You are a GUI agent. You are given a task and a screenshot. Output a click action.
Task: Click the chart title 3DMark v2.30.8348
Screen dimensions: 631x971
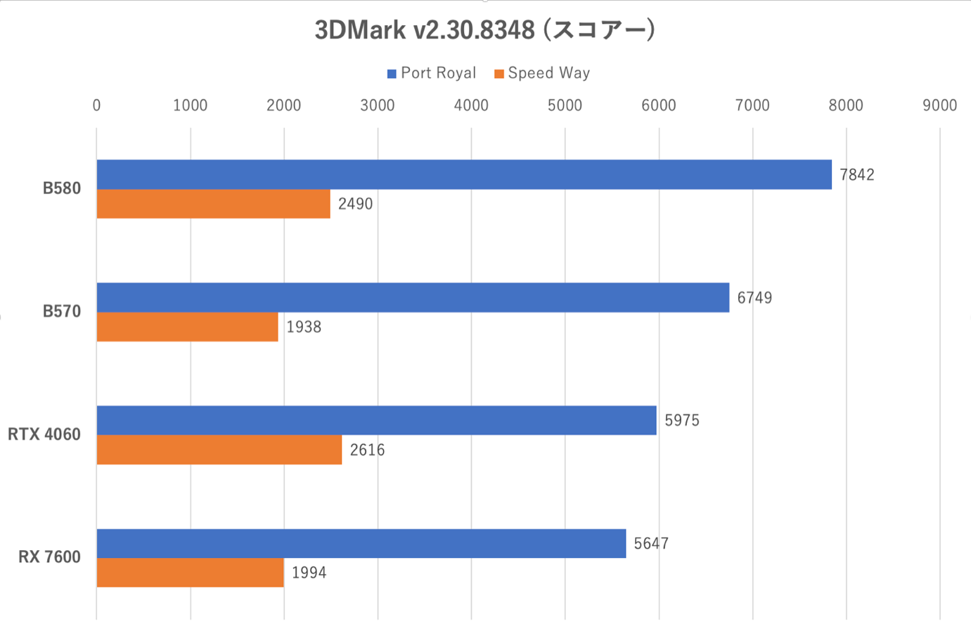point(484,30)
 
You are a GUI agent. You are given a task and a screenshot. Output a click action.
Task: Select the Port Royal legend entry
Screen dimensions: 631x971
point(431,73)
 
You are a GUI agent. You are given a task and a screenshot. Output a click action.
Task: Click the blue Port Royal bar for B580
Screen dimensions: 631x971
point(464,174)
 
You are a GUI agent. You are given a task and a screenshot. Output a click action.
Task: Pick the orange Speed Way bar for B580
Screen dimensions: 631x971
point(213,204)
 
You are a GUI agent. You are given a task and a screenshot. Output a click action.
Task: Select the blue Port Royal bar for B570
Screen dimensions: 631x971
point(413,297)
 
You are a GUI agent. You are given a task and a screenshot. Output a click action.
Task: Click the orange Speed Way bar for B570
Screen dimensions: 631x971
point(187,327)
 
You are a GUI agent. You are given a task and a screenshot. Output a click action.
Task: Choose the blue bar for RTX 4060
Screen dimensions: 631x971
point(376,420)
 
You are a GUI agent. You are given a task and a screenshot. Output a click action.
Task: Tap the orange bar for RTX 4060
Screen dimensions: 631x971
point(219,450)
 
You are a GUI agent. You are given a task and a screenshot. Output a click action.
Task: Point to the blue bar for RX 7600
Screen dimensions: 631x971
point(361,543)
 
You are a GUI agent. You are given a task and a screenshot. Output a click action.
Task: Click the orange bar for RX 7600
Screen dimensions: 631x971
point(190,573)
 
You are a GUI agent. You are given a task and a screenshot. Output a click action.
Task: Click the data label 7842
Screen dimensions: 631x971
point(857,175)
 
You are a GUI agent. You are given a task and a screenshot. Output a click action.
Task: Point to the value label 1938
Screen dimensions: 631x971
point(304,327)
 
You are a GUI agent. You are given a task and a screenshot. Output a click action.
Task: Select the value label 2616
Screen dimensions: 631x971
point(367,450)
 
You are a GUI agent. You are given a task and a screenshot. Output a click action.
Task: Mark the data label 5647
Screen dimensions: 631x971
point(651,544)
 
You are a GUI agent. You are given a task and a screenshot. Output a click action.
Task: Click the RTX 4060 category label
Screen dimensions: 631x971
point(44,434)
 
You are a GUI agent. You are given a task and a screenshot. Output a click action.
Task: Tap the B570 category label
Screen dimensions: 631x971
point(62,311)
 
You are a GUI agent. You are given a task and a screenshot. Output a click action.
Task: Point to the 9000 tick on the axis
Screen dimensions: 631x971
point(939,105)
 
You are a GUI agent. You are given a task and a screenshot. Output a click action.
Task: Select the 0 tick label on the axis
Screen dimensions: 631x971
point(96,105)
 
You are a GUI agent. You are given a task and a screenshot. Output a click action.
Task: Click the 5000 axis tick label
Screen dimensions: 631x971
point(565,105)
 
